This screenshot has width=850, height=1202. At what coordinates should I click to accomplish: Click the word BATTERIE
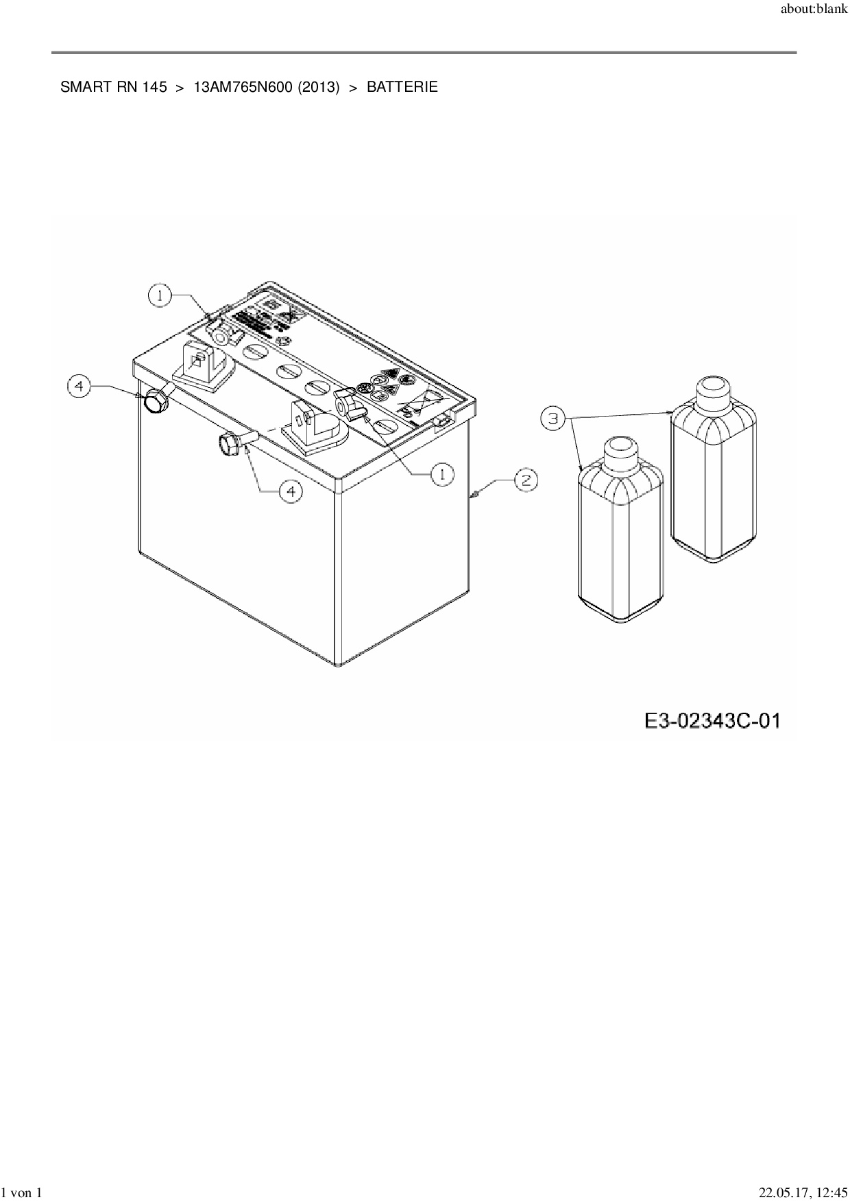coord(402,88)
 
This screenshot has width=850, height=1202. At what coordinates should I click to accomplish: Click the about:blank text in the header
coord(814,11)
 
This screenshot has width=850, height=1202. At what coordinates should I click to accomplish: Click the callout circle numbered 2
coord(526,480)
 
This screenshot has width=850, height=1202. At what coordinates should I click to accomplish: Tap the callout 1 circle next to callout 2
coord(442,474)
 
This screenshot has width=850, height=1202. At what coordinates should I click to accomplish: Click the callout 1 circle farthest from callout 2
coord(160,295)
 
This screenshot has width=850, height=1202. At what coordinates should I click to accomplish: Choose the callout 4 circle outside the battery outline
coord(79,387)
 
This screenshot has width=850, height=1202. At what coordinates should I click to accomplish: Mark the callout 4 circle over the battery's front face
coord(291,491)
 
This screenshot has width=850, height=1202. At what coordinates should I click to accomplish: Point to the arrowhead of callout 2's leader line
coord(472,493)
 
